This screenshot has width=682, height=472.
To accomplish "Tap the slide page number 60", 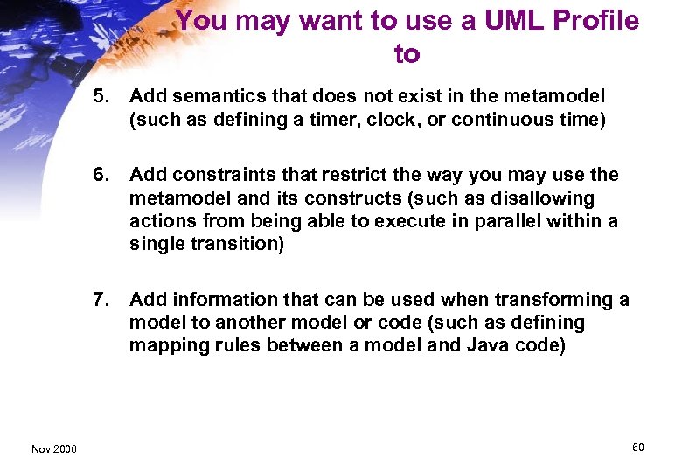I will [637, 448].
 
